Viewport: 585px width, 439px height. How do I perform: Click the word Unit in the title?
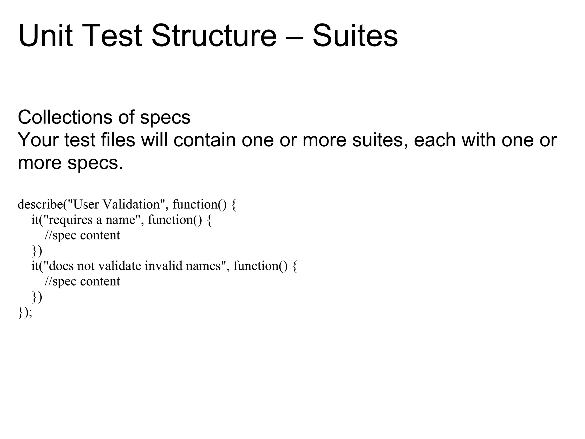(x=45, y=36)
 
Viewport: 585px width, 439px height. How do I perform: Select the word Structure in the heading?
(x=214, y=36)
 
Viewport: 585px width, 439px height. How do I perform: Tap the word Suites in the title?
(x=355, y=36)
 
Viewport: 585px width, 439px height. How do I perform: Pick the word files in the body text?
(x=118, y=140)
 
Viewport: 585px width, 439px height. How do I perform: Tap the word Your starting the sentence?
(x=38, y=140)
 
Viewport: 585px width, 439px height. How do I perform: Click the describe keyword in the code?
(x=40, y=204)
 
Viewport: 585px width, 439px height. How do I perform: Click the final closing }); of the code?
(x=25, y=312)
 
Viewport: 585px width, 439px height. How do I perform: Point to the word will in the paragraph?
(x=154, y=140)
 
